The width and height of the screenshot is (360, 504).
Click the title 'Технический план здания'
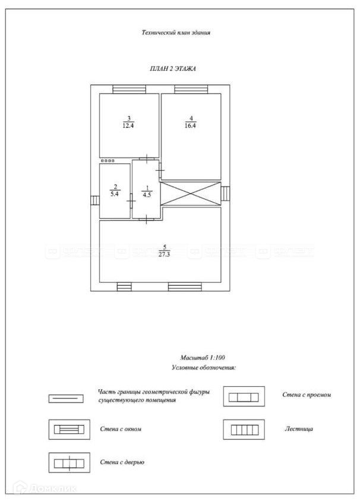176,33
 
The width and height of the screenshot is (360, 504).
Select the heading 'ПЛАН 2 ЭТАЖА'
173,69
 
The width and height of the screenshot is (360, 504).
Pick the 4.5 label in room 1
146,191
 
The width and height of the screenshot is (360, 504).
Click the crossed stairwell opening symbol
191,194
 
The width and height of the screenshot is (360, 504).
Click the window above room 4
191,89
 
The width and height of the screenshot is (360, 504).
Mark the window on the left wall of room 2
94,201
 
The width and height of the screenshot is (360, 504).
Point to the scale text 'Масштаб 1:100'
203,358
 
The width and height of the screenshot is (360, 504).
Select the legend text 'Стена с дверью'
122,462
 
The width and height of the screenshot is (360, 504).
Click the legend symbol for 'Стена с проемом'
242,396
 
